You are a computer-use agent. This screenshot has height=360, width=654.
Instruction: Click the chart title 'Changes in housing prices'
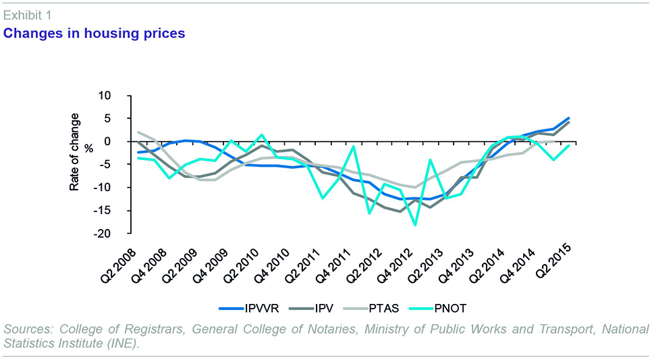[94, 33]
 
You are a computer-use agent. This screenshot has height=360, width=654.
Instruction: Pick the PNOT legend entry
[447, 309]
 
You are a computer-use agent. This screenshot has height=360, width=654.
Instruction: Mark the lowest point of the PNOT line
[415, 225]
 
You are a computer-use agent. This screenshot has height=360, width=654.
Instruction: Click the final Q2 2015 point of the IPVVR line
[569, 118]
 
